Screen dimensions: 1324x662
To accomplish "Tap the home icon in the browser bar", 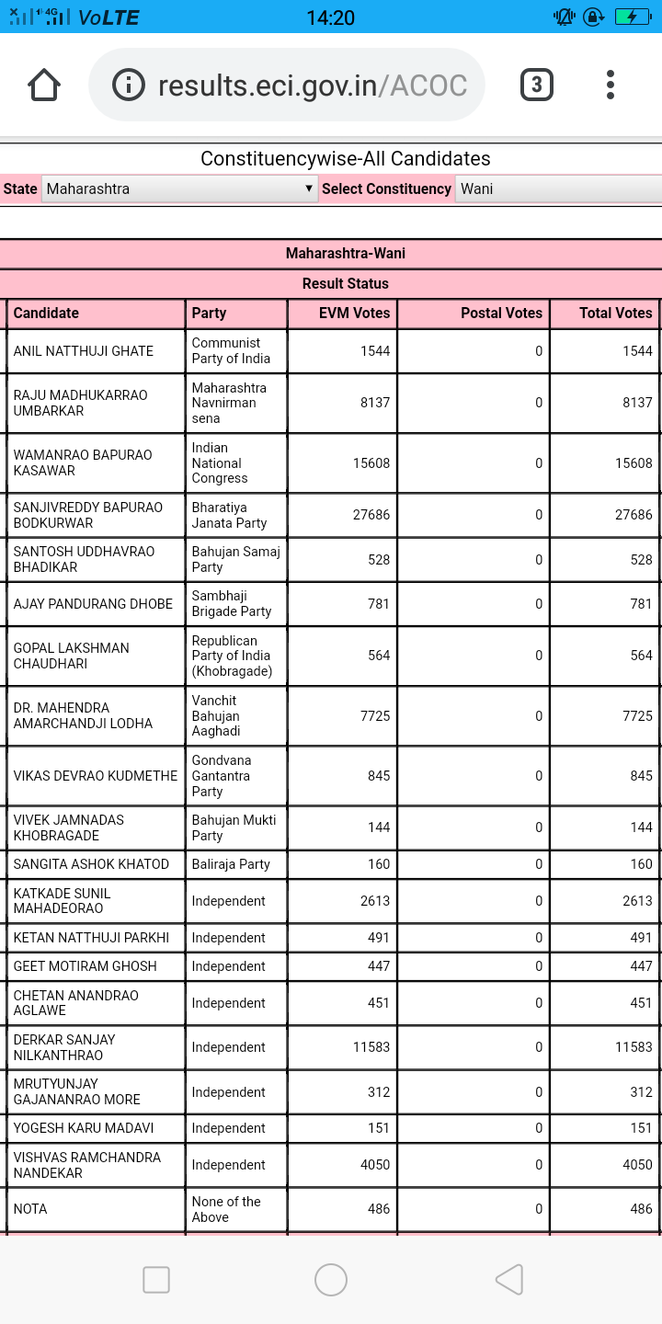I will click(x=44, y=86).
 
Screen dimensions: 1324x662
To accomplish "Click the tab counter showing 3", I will click(x=537, y=86).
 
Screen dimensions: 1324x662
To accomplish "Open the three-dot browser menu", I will click(x=611, y=86).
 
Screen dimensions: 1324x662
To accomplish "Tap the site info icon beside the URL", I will click(x=129, y=86).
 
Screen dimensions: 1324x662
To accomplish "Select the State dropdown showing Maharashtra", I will click(x=179, y=188).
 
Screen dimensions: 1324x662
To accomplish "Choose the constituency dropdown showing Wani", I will click(x=557, y=188).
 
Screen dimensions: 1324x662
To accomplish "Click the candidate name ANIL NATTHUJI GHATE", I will click(x=83, y=351).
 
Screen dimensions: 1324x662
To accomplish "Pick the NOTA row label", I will click(x=30, y=1209).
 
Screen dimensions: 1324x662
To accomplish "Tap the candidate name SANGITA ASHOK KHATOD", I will click(x=91, y=864).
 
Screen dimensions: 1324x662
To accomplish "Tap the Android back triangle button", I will click(x=508, y=1279).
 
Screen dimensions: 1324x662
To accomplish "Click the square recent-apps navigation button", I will click(x=156, y=1279).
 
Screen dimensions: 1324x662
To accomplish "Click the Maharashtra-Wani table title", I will click(x=345, y=253).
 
